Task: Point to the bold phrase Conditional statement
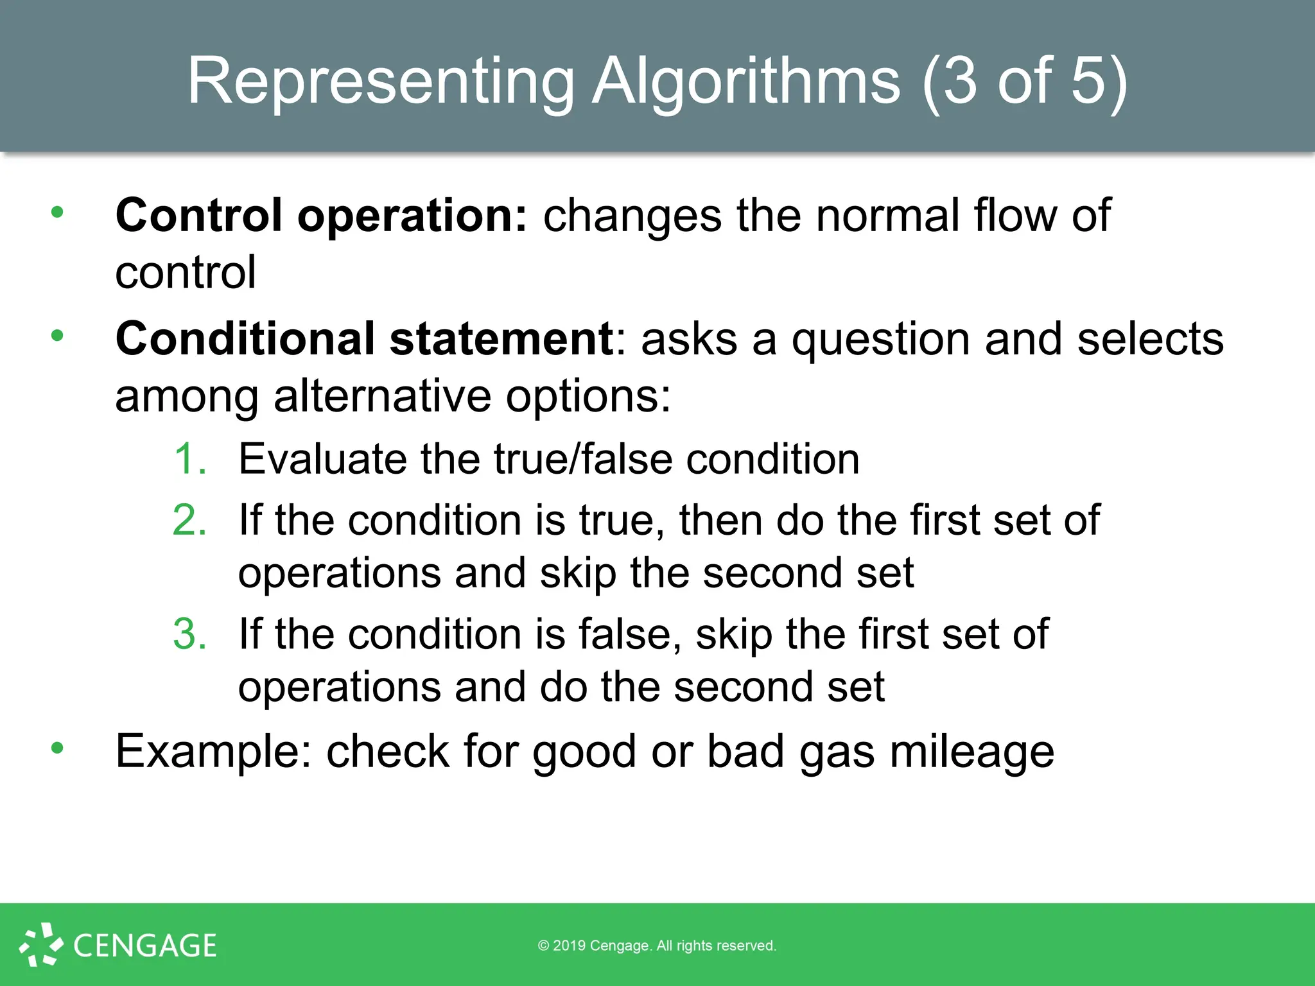click(365, 338)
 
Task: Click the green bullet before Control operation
click(58, 212)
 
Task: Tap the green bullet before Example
click(58, 748)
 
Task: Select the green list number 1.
click(190, 459)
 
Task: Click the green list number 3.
click(190, 634)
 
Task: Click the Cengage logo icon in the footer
click(41, 945)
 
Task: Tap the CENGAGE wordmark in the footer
click(145, 946)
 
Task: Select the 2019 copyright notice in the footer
click(657, 946)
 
